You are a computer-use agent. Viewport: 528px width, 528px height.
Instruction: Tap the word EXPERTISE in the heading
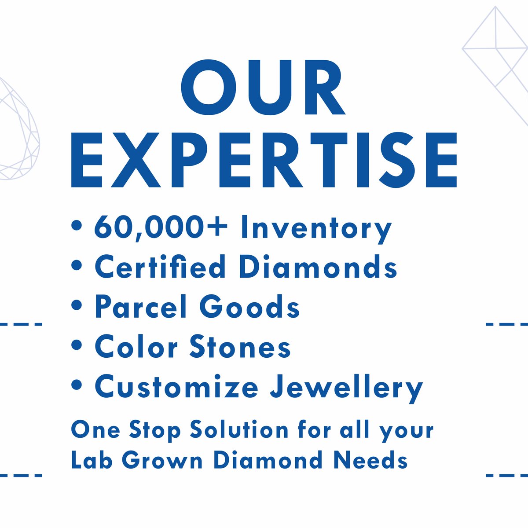(x=264, y=159)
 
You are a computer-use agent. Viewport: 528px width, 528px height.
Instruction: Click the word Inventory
(x=316, y=228)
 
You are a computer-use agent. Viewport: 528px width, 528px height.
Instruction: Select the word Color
(x=136, y=346)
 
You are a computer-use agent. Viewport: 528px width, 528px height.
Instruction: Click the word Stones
(x=240, y=346)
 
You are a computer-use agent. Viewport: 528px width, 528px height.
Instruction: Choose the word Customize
(x=176, y=387)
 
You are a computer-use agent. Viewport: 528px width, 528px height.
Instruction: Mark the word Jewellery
(x=346, y=388)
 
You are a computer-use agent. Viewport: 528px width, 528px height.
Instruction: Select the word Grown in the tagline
(x=162, y=460)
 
